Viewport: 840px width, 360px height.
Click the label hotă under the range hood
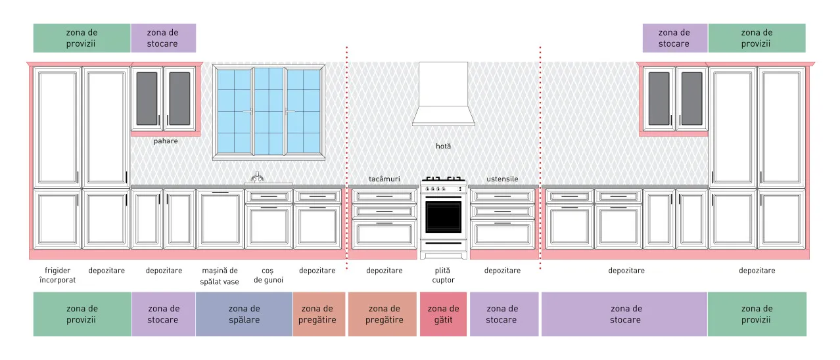[443, 146]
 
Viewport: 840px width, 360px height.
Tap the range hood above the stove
[443, 94]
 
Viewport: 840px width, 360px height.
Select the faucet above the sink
[257, 177]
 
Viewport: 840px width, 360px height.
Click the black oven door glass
[443, 217]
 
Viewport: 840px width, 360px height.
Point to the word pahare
[166, 141]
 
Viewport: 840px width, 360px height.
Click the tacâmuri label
[385, 179]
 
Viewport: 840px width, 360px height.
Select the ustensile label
[503, 179]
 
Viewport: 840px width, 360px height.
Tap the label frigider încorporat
[57, 275]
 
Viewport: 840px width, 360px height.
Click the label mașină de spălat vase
[220, 276]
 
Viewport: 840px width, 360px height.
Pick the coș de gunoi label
[268, 275]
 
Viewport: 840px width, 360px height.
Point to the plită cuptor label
[443, 275]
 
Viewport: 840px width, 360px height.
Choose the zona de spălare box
[244, 314]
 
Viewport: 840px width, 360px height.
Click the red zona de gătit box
[443, 314]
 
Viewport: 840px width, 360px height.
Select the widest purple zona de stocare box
[624, 314]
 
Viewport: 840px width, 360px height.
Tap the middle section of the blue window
[269, 111]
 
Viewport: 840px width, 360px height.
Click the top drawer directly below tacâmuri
[385, 196]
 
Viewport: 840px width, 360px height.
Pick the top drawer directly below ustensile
[503, 196]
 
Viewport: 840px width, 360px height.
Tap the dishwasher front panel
[220, 219]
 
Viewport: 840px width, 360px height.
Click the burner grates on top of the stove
[443, 179]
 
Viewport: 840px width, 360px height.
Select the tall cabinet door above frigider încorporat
[57, 127]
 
